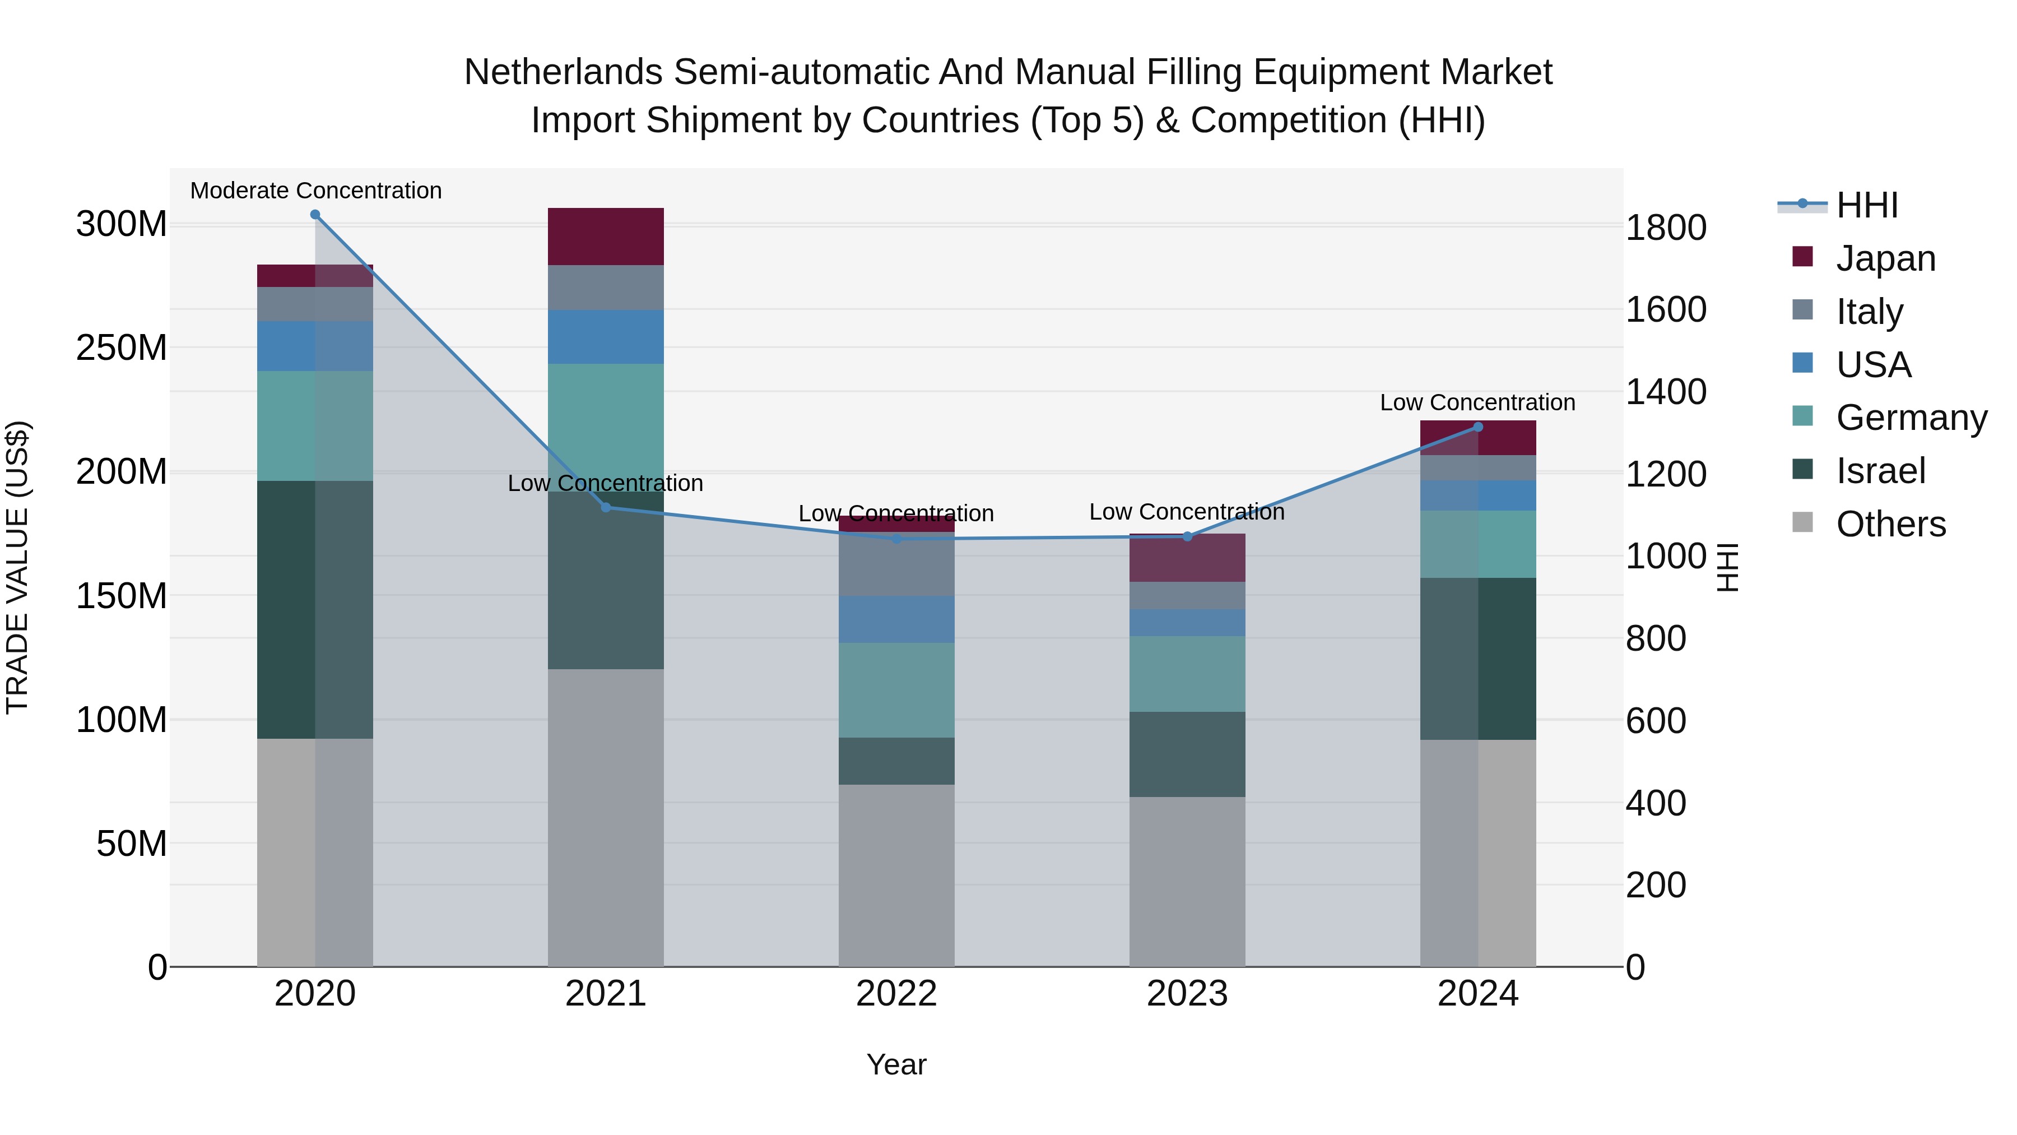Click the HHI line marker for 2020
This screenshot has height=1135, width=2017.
[315, 215]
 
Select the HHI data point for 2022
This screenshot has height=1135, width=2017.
[896, 539]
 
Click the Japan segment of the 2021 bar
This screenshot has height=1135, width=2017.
[605, 237]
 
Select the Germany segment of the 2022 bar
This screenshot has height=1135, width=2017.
[896, 690]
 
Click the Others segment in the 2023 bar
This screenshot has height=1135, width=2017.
[1187, 881]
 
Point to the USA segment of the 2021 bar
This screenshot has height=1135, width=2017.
[605, 337]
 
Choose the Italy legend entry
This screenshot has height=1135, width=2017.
[1869, 312]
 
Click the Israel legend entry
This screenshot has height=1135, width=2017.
[1880, 471]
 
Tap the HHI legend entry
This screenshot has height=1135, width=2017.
[1867, 205]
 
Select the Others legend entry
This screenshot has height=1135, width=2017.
[1890, 524]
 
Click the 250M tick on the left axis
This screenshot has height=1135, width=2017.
[122, 347]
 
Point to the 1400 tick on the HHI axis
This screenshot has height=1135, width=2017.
[1666, 392]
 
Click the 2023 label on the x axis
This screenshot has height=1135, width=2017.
[1187, 994]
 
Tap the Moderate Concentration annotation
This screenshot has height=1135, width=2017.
[315, 191]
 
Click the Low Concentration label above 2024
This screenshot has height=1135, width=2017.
[1477, 402]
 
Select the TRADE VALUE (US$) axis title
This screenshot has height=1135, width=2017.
[17, 567]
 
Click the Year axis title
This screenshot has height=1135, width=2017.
[896, 1064]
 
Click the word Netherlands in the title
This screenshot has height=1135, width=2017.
[563, 72]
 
